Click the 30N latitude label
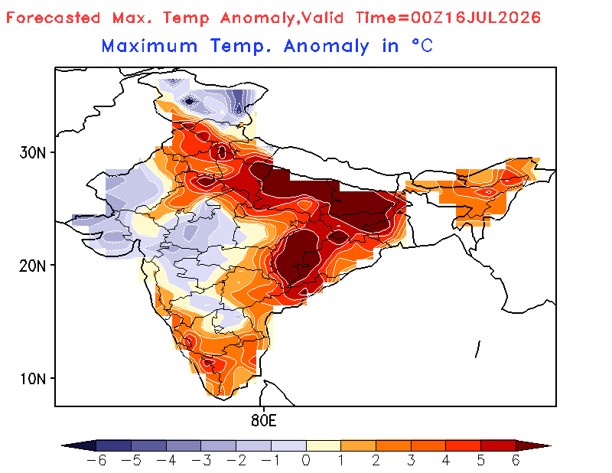(x=33, y=153)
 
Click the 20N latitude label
(x=33, y=266)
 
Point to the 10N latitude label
(x=33, y=379)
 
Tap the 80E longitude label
(x=264, y=421)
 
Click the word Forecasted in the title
(x=54, y=18)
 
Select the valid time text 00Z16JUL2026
(x=476, y=18)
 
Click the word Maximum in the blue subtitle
(x=149, y=46)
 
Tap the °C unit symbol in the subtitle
(x=423, y=46)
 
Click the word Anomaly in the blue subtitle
(x=327, y=47)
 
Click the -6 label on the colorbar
(x=96, y=461)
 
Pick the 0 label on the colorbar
(x=306, y=461)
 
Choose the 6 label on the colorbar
(x=516, y=461)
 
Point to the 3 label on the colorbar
(x=411, y=461)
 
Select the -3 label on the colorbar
(x=201, y=461)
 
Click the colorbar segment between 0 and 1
(x=324, y=445)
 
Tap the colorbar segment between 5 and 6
(x=499, y=445)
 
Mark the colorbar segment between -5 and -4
(x=148, y=445)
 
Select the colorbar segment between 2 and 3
(x=393, y=445)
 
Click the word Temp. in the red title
(x=186, y=18)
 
